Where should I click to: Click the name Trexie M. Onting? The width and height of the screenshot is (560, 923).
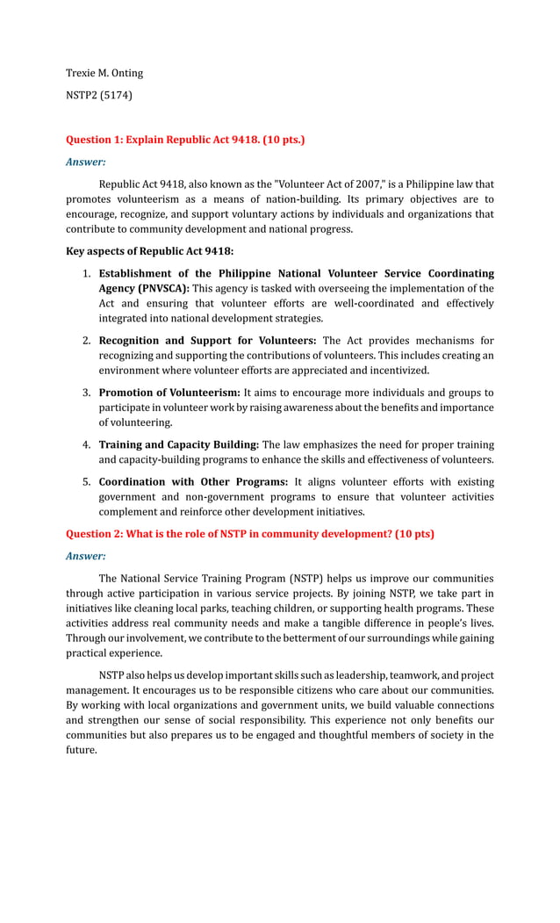pyautogui.click(x=104, y=73)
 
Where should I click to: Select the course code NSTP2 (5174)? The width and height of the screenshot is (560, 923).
pyautogui.click(x=99, y=95)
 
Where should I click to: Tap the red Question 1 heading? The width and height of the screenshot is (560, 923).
pyautogui.click(x=185, y=140)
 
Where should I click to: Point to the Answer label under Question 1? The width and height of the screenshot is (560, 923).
pyautogui.click(x=86, y=162)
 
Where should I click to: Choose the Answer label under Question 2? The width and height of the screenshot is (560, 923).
pyautogui.click(x=86, y=556)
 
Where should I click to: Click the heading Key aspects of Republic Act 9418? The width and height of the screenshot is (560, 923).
pyautogui.click(x=149, y=251)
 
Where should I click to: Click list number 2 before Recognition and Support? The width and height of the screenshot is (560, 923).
pyautogui.click(x=87, y=341)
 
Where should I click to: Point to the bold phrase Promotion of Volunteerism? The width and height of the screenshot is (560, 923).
pyautogui.click(x=169, y=393)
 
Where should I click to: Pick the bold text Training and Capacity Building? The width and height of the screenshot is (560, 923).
pyautogui.click(x=178, y=445)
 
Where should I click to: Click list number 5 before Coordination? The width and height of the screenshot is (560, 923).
pyautogui.click(x=87, y=482)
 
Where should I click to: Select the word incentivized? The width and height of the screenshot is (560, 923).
pyautogui.click(x=397, y=371)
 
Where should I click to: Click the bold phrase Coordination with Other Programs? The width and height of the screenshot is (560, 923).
pyautogui.click(x=193, y=482)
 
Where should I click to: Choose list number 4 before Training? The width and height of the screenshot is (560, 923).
pyautogui.click(x=87, y=445)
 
